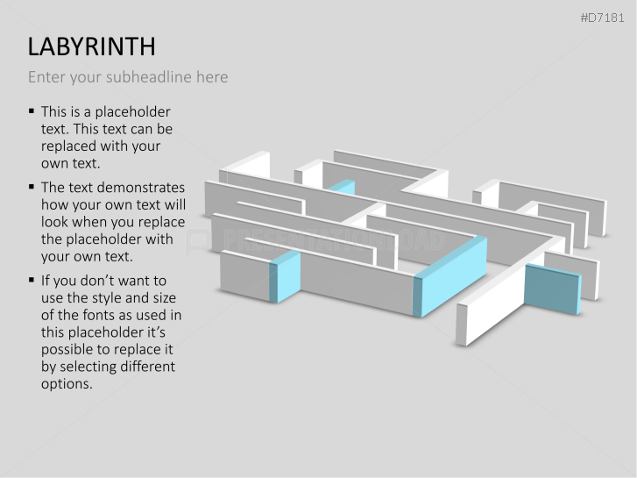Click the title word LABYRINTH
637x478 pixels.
pyautogui.click(x=92, y=46)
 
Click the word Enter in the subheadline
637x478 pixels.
pyautogui.click(x=46, y=77)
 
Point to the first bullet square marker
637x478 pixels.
pyautogui.click(x=32, y=111)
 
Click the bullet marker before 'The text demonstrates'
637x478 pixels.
pyautogui.click(x=32, y=187)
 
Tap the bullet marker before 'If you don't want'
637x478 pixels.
pyautogui.click(x=32, y=280)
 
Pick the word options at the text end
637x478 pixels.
pyautogui.click(x=67, y=383)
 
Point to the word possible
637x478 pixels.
pyautogui.click(x=68, y=349)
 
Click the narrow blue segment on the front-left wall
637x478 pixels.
pyautogui.click(x=286, y=276)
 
